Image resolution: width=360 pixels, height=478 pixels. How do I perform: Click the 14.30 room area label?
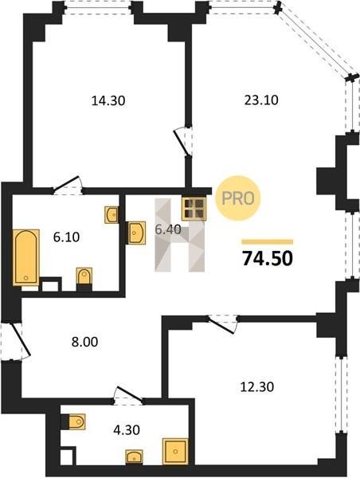(108, 100)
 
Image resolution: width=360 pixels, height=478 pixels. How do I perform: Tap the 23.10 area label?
(261, 100)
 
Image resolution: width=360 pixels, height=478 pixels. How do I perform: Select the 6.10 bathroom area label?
(66, 237)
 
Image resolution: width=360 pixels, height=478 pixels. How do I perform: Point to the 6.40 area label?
(168, 229)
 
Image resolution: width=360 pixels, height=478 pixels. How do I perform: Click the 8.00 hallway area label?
(84, 342)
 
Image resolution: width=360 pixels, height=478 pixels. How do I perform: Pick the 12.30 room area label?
(257, 387)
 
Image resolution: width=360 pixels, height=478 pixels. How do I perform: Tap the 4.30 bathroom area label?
(127, 430)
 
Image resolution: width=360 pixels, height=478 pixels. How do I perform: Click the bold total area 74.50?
(268, 258)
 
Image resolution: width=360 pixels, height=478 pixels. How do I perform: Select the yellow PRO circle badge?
(238, 198)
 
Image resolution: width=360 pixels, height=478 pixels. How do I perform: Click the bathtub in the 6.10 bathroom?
(26, 257)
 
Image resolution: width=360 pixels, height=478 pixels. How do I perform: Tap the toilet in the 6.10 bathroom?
(84, 278)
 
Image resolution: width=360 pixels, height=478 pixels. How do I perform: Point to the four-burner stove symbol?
(194, 209)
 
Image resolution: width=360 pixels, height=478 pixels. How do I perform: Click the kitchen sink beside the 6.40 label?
(136, 233)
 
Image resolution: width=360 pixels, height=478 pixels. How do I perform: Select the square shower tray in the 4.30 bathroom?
(175, 451)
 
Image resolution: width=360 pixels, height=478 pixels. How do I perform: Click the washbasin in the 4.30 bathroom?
(134, 456)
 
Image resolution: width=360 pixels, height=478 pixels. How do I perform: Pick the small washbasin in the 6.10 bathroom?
(112, 215)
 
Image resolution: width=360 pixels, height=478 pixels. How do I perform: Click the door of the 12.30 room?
(221, 326)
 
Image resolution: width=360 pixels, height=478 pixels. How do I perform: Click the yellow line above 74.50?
(268, 242)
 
